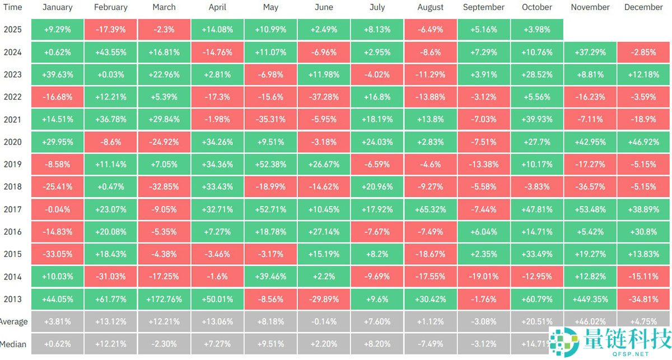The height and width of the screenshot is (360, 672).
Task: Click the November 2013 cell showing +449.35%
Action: pyautogui.click(x=590, y=299)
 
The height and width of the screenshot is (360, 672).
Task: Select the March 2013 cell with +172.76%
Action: pyautogui.click(x=164, y=299)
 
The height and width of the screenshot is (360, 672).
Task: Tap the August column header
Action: pyautogui.click(x=430, y=7)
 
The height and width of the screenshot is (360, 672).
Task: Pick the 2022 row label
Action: pyautogui.click(x=12, y=97)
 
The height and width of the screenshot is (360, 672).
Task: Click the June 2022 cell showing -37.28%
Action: pyautogui.click(x=324, y=97)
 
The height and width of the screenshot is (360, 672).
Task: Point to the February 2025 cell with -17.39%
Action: pyautogui.click(x=110, y=29)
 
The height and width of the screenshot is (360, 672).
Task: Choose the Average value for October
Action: pyautogui.click(x=536, y=321)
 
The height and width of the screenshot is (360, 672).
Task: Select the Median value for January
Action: pyautogui.click(x=57, y=344)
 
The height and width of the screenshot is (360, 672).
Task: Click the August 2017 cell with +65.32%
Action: pyautogui.click(x=430, y=209)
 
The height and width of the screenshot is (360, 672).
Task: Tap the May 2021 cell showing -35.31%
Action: pyautogui.click(x=270, y=119)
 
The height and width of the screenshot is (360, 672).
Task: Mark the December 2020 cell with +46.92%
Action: pyautogui.click(x=643, y=142)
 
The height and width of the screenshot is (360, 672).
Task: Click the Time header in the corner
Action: pyautogui.click(x=12, y=7)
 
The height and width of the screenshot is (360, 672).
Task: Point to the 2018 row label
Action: pyautogui.click(x=12, y=187)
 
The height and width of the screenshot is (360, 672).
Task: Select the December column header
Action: pyautogui.click(x=643, y=7)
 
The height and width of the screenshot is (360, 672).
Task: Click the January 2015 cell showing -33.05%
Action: pyautogui.click(x=57, y=254)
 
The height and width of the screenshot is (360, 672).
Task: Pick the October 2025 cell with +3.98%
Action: pyautogui.click(x=536, y=29)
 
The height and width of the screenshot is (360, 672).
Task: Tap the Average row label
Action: pyautogui.click(x=13, y=321)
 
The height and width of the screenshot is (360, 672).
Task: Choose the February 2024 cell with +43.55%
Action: pyautogui.click(x=110, y=52)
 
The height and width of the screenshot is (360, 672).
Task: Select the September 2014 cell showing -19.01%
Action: pyautogui.click(x=483, y=277)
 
